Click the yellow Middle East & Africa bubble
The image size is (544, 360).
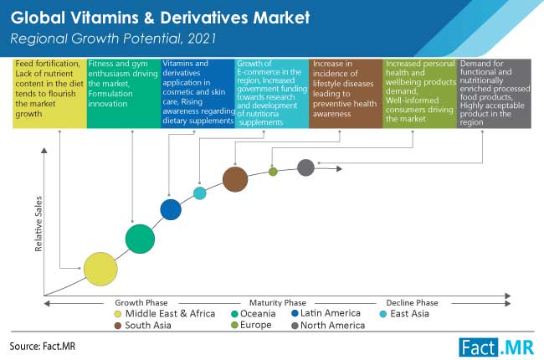click(x=100, y=269)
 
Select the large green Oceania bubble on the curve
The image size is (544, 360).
click(x=140, y=239)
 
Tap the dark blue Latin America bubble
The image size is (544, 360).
click(x=171, y=209)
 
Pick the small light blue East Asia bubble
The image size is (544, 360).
click(x=199, y=193)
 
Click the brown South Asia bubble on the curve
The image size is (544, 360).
click(x=235, y=179)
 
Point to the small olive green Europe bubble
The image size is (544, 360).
click(x=273, y=172)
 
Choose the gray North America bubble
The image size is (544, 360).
click(x=305, y=167)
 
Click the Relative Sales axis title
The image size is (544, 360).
click(x=38, y=224)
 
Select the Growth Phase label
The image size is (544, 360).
click(x=141, y=303)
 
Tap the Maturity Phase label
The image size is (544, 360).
click(x=278, y=303)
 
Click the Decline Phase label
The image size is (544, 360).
click(x=412, y=303)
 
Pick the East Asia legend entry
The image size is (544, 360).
click(x=405, y=314)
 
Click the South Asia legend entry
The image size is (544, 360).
click(x=142, y=326)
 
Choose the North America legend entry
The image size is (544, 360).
click(x=328, y=326)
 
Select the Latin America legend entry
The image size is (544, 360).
click(x=326, y=313)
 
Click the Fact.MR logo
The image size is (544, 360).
click(x=496, y=347)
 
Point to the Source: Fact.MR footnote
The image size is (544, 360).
click(x=43, y=346)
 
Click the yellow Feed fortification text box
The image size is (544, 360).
click(x=49, y=94)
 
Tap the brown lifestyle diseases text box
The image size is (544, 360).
click(x=346, y=94)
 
